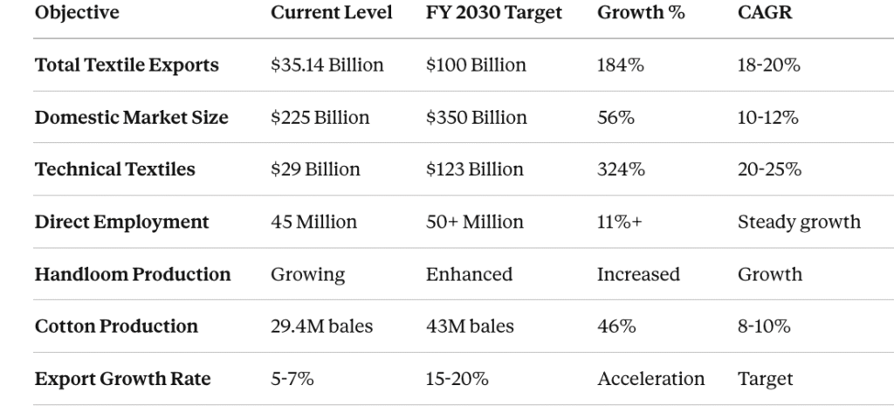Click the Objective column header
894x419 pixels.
point(77,13)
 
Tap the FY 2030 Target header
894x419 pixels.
point(494,13)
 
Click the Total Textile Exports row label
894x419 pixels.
point(127,65)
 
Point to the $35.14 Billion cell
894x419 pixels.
point(327,65)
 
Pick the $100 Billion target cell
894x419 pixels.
point(476,65)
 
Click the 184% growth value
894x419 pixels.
point(620,65)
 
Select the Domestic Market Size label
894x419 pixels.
point(131,118)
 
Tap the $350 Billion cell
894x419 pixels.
point(477,118)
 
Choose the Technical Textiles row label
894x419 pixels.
point(115,169)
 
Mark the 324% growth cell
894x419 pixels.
point(621,169)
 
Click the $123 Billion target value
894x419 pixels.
point(475,169)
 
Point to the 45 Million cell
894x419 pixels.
point(313,222)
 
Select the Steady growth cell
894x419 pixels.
point(799,222)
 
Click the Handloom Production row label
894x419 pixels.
point(133,274)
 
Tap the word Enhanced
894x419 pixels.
point(469,274)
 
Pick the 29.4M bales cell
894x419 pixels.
point(321,326)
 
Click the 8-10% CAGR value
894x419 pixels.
point(764,326)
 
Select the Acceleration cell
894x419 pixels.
point(650,379)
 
